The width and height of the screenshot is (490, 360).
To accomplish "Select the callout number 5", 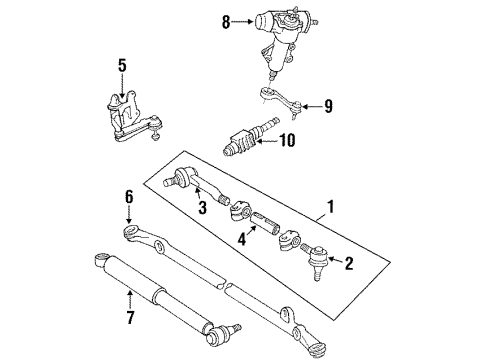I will (x=122, y=66).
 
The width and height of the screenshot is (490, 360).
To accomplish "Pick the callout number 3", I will (x=201, y=208).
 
